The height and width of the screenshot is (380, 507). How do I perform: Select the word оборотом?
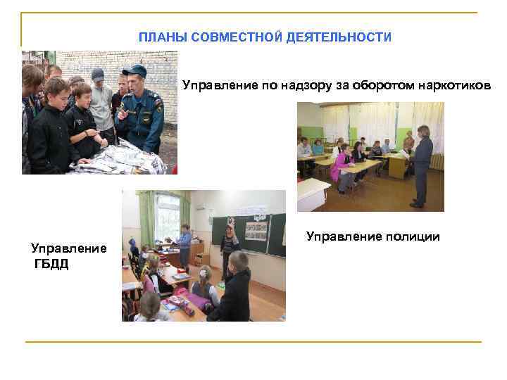pyautogui.click(x=381, y=87)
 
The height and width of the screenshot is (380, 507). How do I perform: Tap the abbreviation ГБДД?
pyautogui.click(x=51, y=264)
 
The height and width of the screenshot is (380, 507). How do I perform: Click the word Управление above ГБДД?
pyautogui.click(x=69, y=248)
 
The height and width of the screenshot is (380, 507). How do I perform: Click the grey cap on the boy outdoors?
pyautogui.click(x=98, y=73)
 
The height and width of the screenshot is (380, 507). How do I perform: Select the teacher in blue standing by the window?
pyautogui.click(x=184, y=244)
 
